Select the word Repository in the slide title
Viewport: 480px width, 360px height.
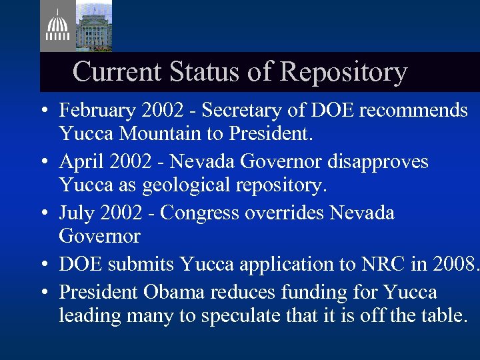click(344, 71)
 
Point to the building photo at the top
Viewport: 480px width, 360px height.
click(93, 25)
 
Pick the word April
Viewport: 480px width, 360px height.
click(79, 161)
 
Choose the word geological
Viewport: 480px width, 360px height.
click(169, 185)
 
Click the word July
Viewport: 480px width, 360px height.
click(75, 213)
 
